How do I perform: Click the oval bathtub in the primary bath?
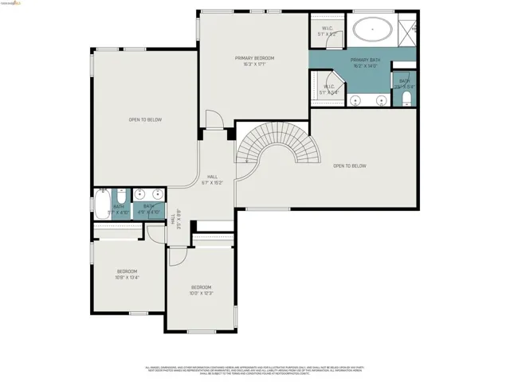(x=372, y=33)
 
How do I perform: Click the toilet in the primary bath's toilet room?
(x=406, y=97)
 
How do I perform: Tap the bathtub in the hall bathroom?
(x=102, y=205)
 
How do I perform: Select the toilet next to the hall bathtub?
(x=120, y=196)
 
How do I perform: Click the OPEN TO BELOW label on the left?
(x=145, y=119)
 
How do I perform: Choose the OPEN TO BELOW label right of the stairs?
(x=349, y=166)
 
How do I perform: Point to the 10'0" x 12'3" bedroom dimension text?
(x=201, y=294)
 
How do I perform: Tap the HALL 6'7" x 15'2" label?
(x=212, y=179)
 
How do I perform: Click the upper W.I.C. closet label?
(x=328, y=32)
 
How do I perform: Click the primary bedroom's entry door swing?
(x=214, y=121)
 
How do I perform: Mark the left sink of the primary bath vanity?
(x=355, y=100)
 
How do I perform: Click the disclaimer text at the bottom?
(x=254, y=370)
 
